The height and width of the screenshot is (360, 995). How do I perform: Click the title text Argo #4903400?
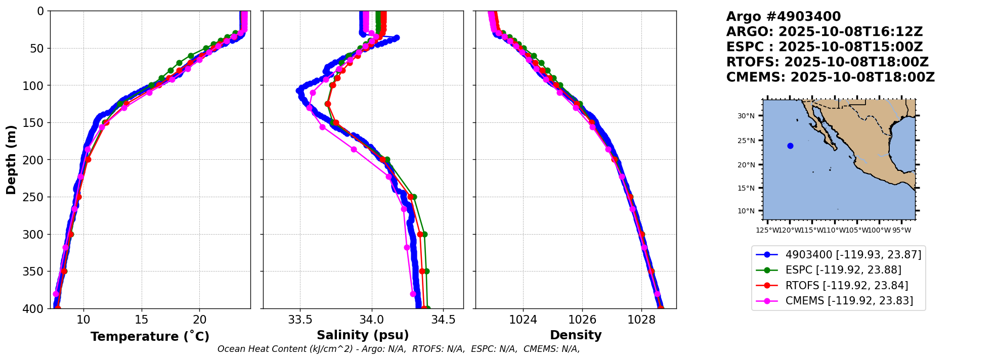pyautogui.click(x=783, y=17)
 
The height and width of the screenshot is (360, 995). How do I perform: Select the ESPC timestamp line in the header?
pyautogui.click(x=824, y=47)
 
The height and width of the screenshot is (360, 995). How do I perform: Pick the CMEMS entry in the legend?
pyautogui.click(x=849, y=301)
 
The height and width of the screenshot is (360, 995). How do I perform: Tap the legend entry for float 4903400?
pyautogui.click(x=853, y=254)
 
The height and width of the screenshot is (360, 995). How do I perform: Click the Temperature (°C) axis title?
pyautogui.click(x=150, y=337)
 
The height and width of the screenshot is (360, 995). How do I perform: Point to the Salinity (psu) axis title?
pyautogui.click(x=363, y=335)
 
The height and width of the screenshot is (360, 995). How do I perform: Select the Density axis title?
pyautogui.click(x=576, y=335)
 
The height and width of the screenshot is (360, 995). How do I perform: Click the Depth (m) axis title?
pyautogui.click(x=11, y=160)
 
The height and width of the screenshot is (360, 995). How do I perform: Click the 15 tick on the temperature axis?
pyautogui.click(x=142, y=320)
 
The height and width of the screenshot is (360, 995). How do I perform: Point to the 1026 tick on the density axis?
pyautogui.click(x=582, y=320)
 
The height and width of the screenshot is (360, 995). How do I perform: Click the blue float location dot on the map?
pyautogui.click(x=790, y=146)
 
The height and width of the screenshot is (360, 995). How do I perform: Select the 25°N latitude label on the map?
pyautogui.click(x=746, y=141)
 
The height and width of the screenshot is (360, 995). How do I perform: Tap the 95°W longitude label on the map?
pyautogui.click(x=901, y=231)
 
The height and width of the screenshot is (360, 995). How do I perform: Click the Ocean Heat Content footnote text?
pyautogui.click(x=398, y=349)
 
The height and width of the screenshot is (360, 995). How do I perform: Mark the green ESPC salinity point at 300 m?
pyautogui.click(x=424, y=234)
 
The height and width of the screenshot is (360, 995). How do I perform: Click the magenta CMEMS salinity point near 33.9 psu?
pyautogui.click(x=354, y=149)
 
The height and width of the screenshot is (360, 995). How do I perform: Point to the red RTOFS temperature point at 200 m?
pyautogui.click(x=88, y=159)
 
